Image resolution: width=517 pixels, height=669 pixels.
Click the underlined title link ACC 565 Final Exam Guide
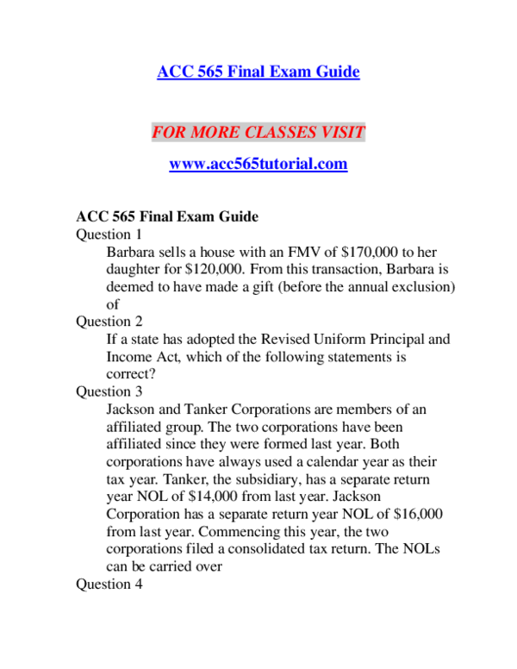tap(258, 72)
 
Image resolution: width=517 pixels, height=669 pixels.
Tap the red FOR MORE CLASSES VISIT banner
tap(258, 133)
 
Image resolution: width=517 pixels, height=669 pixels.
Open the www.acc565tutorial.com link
tap(258, 164)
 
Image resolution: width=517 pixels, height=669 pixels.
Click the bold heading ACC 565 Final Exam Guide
tap(167, 216)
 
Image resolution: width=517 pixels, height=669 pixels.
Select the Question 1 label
tap(109, 234)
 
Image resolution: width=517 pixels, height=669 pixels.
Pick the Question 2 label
tap(109, 322)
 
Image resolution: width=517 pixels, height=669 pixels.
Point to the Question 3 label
tap(109, 391)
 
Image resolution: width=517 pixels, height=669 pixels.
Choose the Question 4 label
tap(109, 584)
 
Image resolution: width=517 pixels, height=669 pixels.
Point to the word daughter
tap(134, 269)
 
